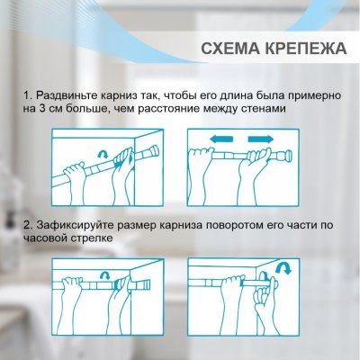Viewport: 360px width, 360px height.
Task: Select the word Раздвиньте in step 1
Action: (x=71, y=94)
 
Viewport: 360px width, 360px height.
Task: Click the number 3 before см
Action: (x=44, y=109)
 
